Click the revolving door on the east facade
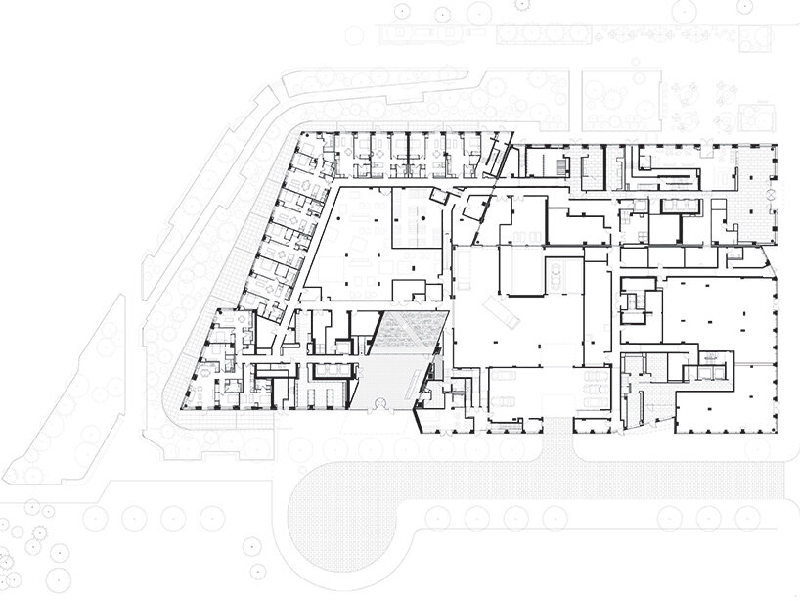click(771, 197)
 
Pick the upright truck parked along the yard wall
click(553, 278)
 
